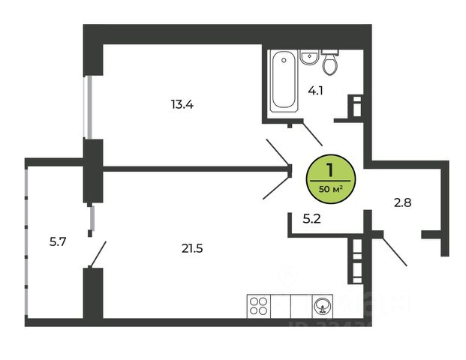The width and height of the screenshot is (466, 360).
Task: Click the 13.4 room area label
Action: pos(182,104)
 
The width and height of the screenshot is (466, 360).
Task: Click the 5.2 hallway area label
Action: pos(312,219)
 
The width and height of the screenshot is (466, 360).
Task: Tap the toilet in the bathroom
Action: pos(330,64)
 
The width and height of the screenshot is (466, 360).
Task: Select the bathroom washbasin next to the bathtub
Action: pos(307,57)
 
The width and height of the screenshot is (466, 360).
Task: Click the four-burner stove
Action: pos(259,306)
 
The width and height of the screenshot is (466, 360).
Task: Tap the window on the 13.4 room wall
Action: pos(89,106)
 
